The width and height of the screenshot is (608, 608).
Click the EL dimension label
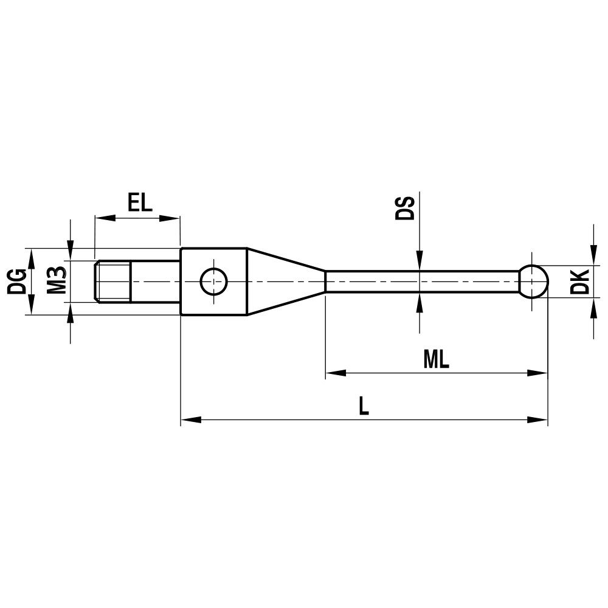pyautogui.click(x=140, y=202)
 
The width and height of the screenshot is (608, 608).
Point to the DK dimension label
pyautogui.click(x=581, y=281)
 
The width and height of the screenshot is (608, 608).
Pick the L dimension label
pyautogui.click(x=364, y=406)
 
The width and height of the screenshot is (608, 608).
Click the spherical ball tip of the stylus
pyautogui.click(x=533, y=281)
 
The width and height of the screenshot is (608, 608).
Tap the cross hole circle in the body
pyautogui.click(x=214, y=281)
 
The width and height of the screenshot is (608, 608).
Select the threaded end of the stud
pyautogui.click(x=114, y=281)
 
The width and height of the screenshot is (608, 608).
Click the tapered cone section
pyautogui.click(x=283, y=281)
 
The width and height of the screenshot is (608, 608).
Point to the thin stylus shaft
pyautogui.click(x=420, y=281)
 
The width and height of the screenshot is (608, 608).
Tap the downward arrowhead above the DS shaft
pyautogui.click(x=420, y=261)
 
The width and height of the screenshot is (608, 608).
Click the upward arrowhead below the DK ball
pyautogui.click(x=593, y=308)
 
